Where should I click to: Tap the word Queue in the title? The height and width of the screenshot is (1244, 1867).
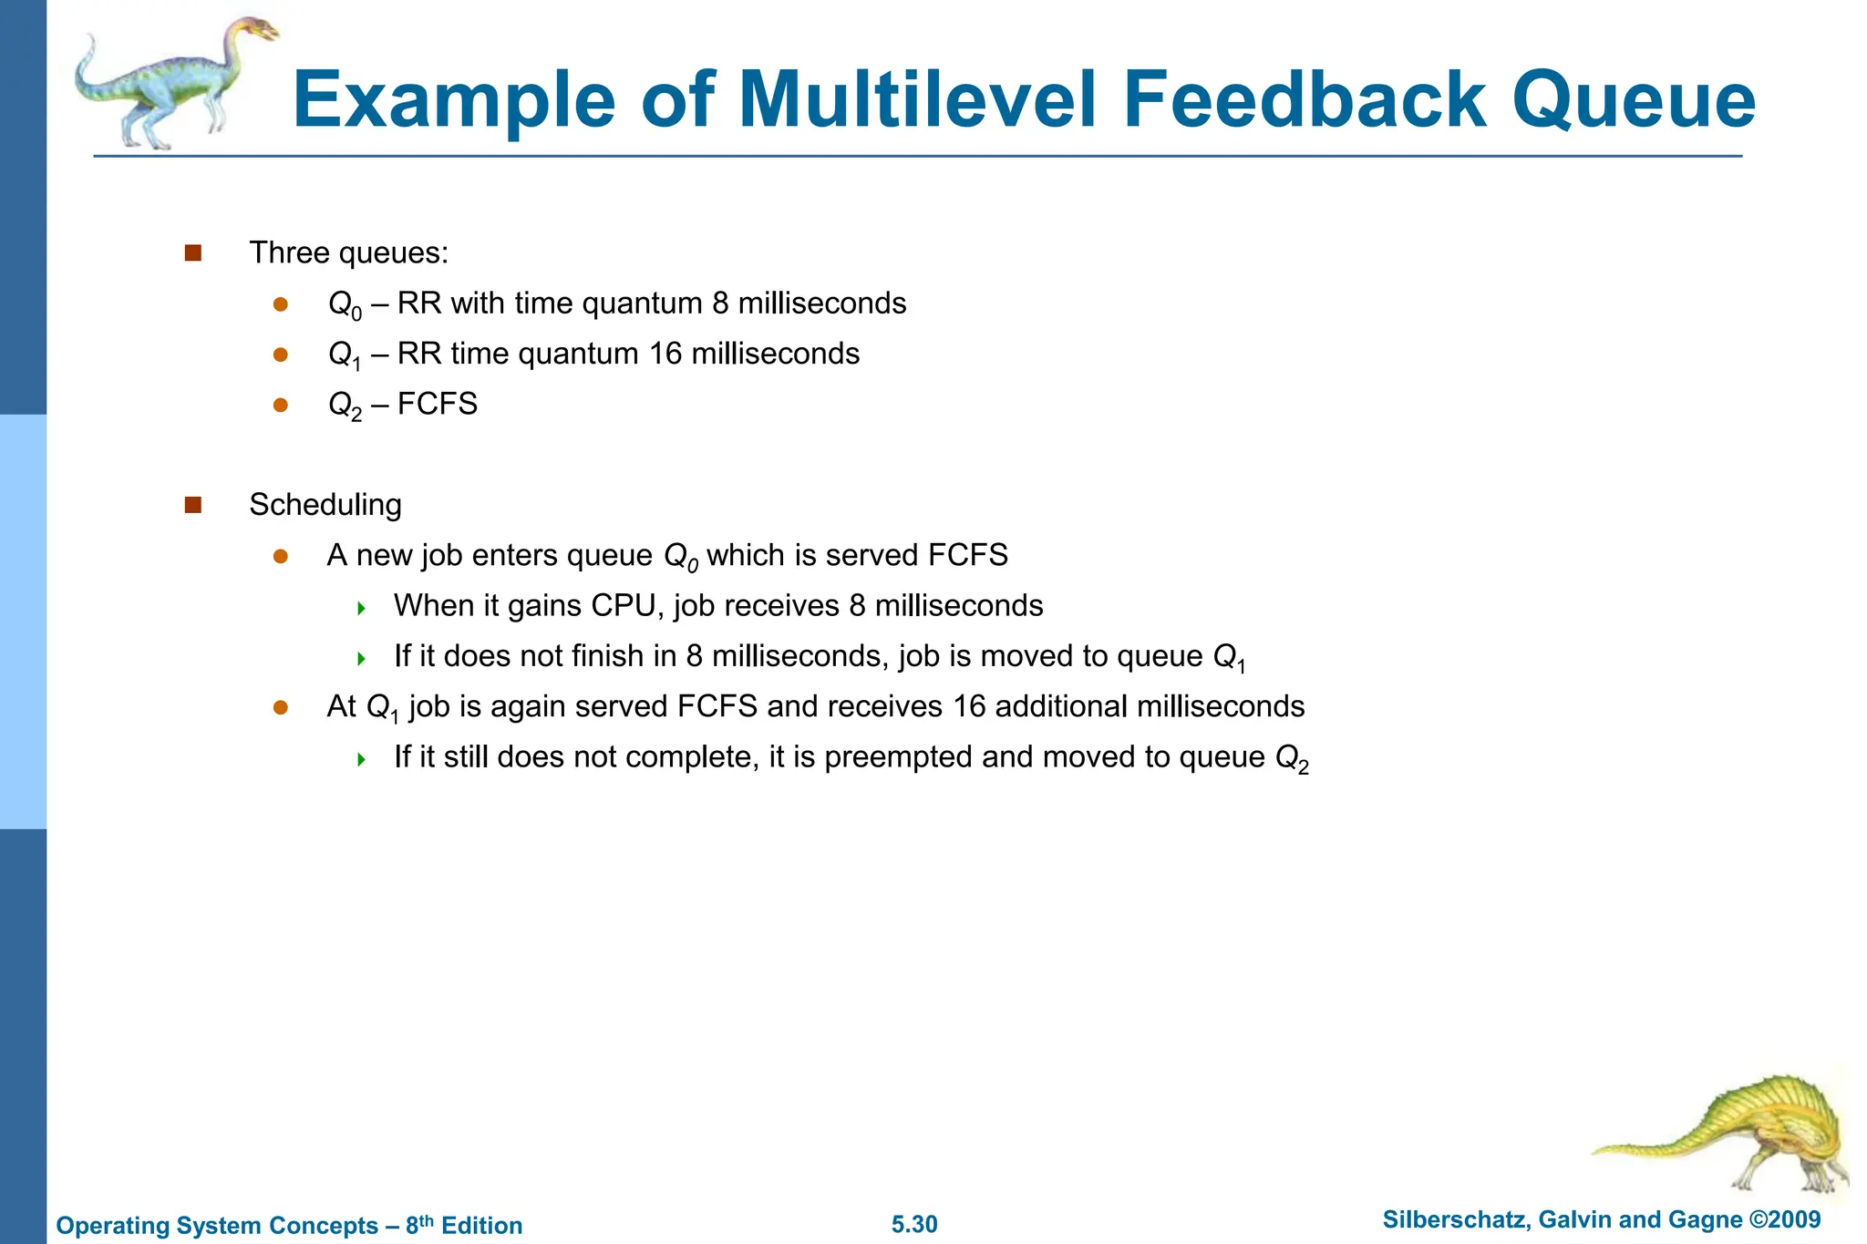point(1634,101)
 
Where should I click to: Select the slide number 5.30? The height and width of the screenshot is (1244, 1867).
point(914,1224)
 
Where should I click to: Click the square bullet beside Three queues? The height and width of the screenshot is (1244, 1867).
point(192,252)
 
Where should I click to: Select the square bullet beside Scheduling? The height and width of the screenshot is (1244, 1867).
point(192,505)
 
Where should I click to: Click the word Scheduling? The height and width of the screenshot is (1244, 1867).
point(325,505)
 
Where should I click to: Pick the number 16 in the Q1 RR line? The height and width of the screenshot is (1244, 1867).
point(665,354)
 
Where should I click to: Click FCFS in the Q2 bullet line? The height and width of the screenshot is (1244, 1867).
point(438,404)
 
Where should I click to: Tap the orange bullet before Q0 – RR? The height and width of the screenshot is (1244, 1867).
point(281,303)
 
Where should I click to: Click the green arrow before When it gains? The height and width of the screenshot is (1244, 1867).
point(362,608)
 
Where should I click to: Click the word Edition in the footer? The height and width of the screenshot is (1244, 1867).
point(481,1225)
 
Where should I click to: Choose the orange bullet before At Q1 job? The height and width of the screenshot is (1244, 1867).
point(281,707)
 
